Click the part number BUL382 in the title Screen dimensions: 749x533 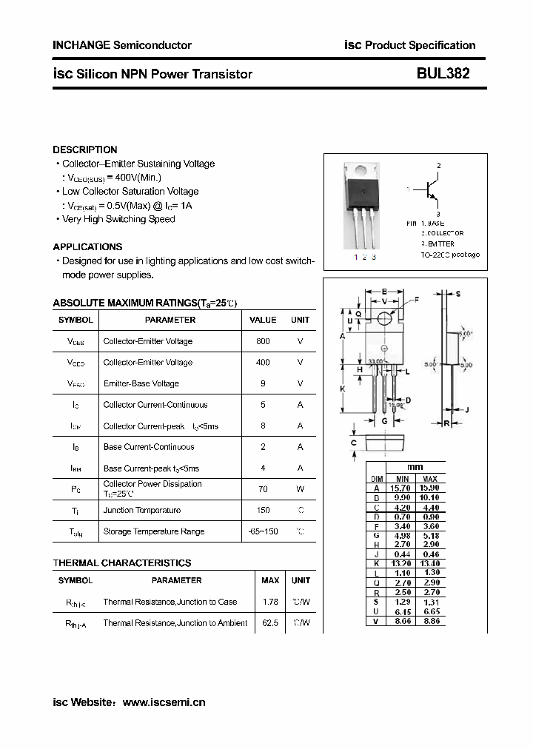443,74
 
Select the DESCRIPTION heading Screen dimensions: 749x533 85,150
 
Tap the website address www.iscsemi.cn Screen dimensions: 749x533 164,702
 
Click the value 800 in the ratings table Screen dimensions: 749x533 262,341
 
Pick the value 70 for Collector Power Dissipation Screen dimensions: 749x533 262,489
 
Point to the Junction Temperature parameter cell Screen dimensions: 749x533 141,510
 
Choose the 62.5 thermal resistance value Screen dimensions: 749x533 270,623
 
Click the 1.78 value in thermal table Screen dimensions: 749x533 270,602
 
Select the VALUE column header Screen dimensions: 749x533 262,320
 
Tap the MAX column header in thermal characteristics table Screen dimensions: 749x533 270,580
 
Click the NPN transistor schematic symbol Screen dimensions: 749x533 429,190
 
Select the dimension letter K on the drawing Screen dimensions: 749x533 342,389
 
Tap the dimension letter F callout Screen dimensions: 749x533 416,299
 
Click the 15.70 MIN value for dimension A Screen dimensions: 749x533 402,488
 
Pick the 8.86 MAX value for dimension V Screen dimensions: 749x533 431,621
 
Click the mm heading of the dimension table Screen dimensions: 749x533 415,468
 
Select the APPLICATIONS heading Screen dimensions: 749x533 87,246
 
